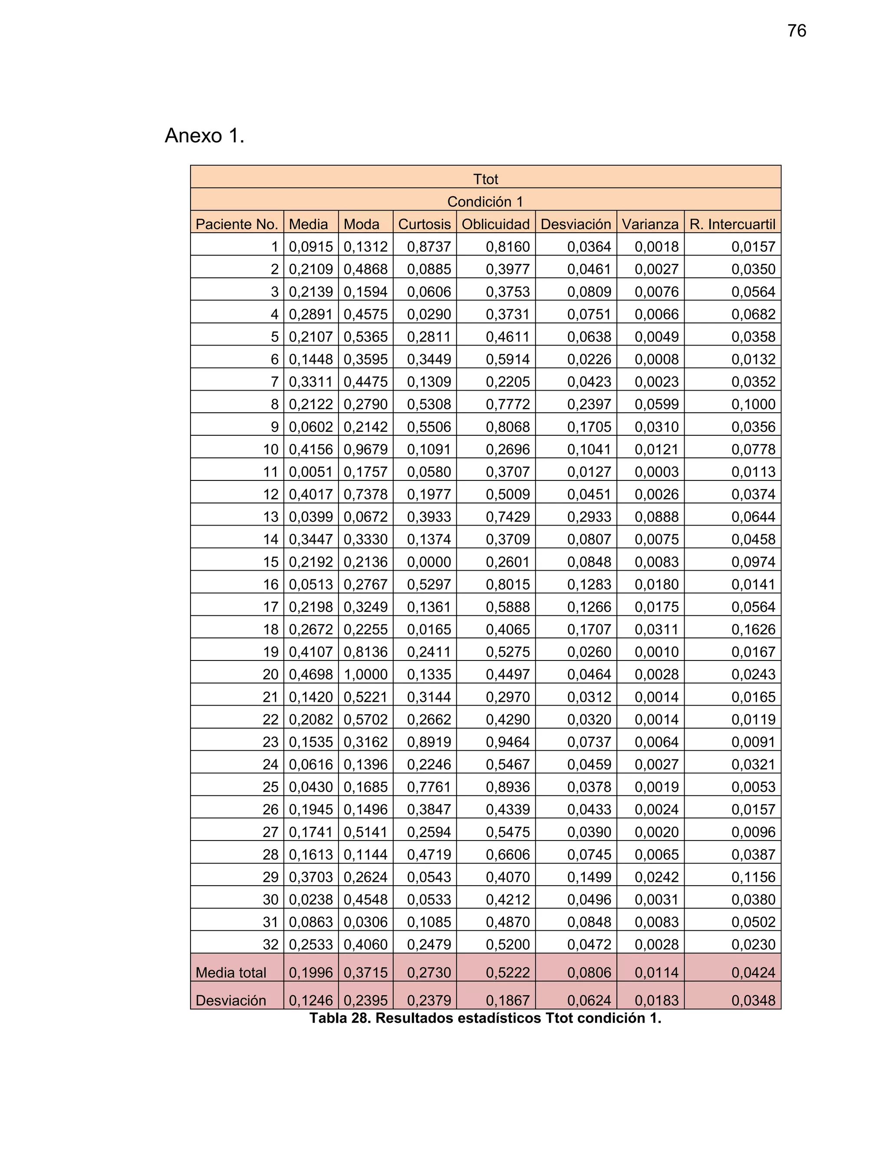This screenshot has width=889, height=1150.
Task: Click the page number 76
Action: point(796,31)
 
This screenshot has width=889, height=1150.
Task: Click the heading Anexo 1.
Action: point(204,136)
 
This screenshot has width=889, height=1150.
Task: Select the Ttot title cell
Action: point(485,179)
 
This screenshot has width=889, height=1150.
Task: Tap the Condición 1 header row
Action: point(485,202)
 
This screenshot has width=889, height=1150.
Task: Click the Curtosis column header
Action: point(424,224)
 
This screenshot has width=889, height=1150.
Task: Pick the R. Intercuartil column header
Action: point(732,224)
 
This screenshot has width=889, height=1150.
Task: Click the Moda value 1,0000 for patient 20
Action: point(365,674)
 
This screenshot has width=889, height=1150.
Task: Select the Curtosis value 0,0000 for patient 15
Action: point(429,562)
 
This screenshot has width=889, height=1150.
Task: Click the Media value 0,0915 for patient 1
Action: point(311,247)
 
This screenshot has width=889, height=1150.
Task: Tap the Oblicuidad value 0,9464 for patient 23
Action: point(507,742)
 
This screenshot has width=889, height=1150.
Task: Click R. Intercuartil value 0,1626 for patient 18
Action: point(753,629)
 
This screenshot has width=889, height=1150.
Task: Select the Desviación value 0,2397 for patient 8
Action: point(589,404)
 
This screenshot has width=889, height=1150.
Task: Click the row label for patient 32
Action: point(270,945)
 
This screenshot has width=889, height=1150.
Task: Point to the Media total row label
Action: point(230,973)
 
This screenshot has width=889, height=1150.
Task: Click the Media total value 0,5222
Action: point(507,973)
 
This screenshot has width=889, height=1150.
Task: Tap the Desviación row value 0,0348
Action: point(753,1000)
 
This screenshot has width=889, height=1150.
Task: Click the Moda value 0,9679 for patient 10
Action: point(365,450)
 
